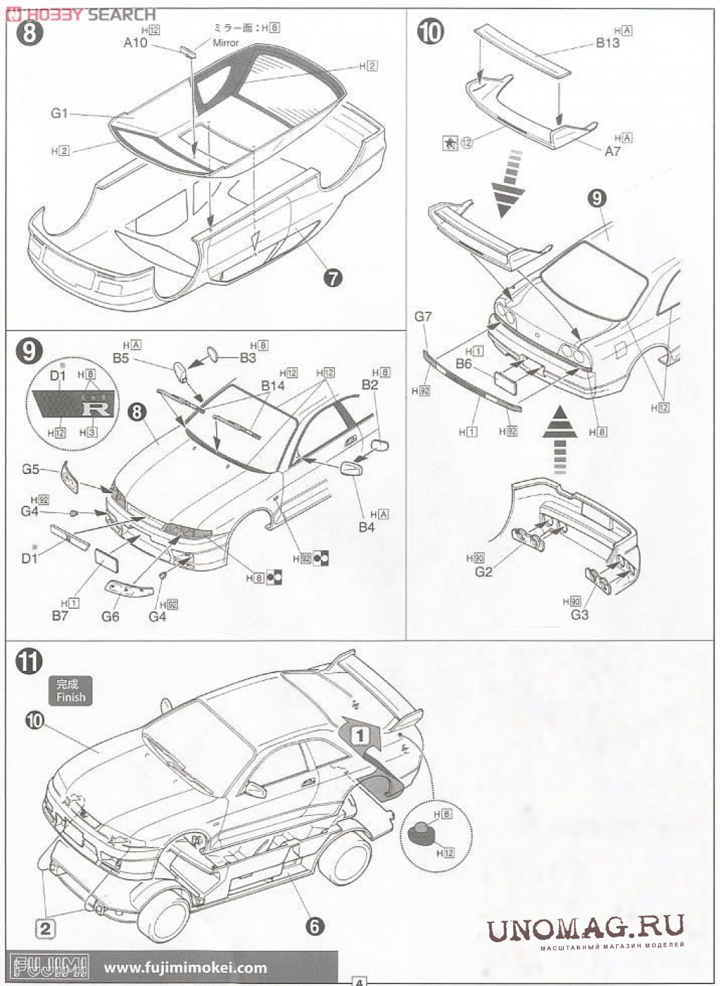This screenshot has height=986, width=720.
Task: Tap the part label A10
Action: [x=135, y=43]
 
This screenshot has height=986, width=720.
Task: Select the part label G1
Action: [x=59, y=113]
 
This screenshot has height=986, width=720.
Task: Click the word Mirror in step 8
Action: [x=226, y=43]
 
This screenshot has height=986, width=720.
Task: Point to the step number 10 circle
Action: [x=430, y=32]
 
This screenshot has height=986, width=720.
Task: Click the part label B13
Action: [x=607, y=43]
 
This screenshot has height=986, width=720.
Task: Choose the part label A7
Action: [x=612, y=150]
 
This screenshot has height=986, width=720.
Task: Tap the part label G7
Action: [x=423, y=316]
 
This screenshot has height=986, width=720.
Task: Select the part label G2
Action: [x=483, y=571]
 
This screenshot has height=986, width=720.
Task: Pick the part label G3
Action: [x=579, y=614]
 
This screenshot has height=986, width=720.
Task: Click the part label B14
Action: [x=273, y=386]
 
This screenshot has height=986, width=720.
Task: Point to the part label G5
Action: [x=31, y=468]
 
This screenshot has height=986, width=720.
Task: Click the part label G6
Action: [x=110, y=616]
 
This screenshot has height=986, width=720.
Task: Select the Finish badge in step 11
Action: [x=71, y=691]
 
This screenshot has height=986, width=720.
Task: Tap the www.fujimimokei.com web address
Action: [x=186, y=968]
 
